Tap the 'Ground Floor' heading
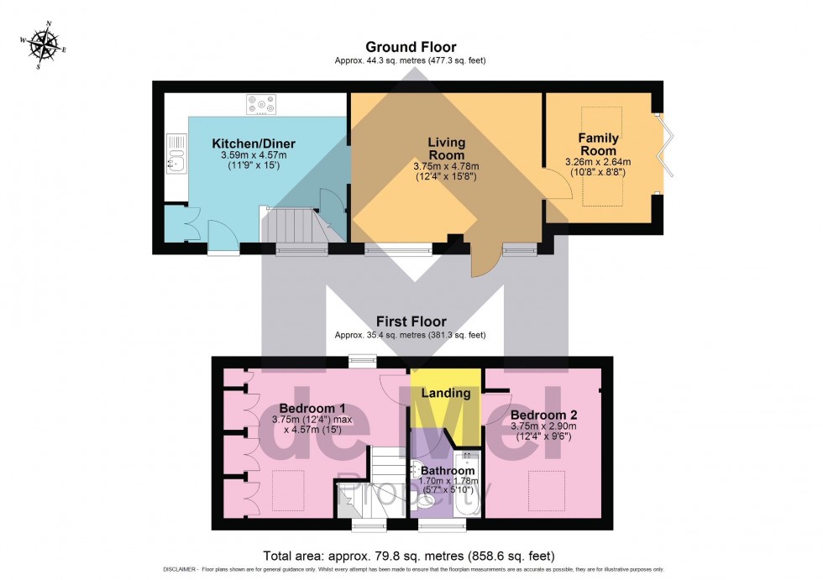[411, 47]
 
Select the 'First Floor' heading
[411, 321]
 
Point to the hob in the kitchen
[260, 105]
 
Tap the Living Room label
[447, 149]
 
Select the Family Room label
[599, 144]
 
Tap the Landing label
[445, 393]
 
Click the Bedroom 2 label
[544, 415]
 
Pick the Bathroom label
[448, 471]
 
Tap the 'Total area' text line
[409, 556]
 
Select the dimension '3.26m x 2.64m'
[598, 162]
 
